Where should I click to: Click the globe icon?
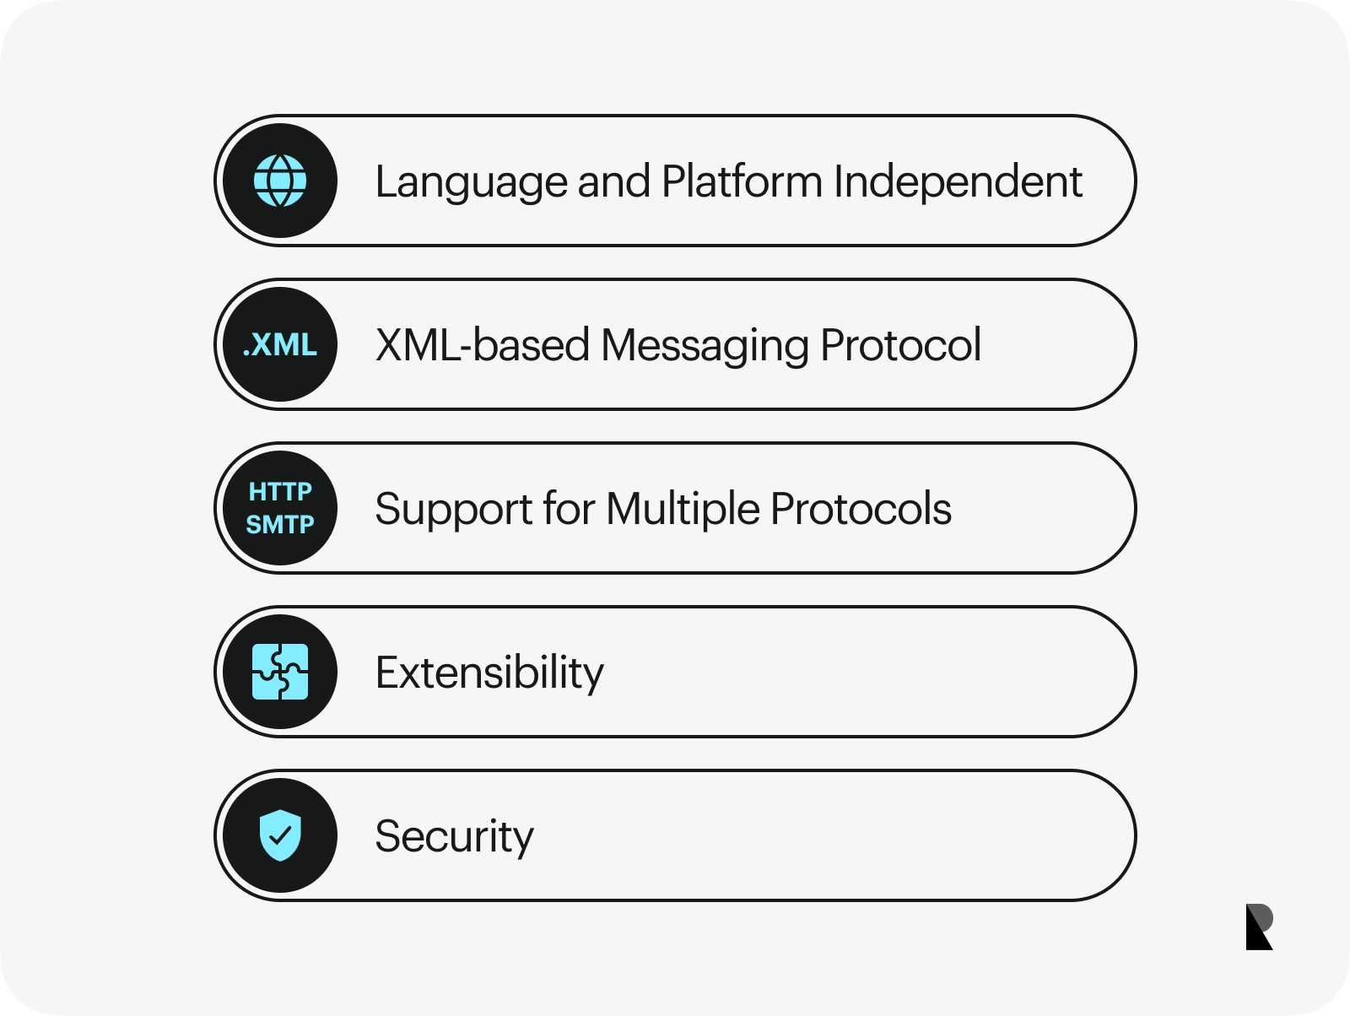click(x=280, y=181)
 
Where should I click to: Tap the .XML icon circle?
click(x=280, y=344)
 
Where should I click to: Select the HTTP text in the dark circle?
click(x=280, y=492)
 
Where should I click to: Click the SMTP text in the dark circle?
click(x=280, y=525)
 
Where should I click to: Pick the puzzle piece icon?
click(x=280, y=672)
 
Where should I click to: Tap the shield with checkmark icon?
click(x=280, y=835)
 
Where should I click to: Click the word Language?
click(x=471, y=183)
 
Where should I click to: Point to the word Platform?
click(x=742, y=181)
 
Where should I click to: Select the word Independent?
click(x=958, y=183)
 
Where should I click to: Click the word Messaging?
click(x=705, y=346)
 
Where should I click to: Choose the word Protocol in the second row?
click(x=901, y=345)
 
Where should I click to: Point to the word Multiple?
click(x=683, y=510)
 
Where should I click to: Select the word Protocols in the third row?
click(x=861, y=509)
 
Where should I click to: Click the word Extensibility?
click(x=489, y=673)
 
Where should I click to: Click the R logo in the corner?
click(x=1259, y=927)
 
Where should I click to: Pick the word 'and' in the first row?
click(x=613, y=181)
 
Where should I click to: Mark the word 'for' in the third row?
click(x=569, y=508)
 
